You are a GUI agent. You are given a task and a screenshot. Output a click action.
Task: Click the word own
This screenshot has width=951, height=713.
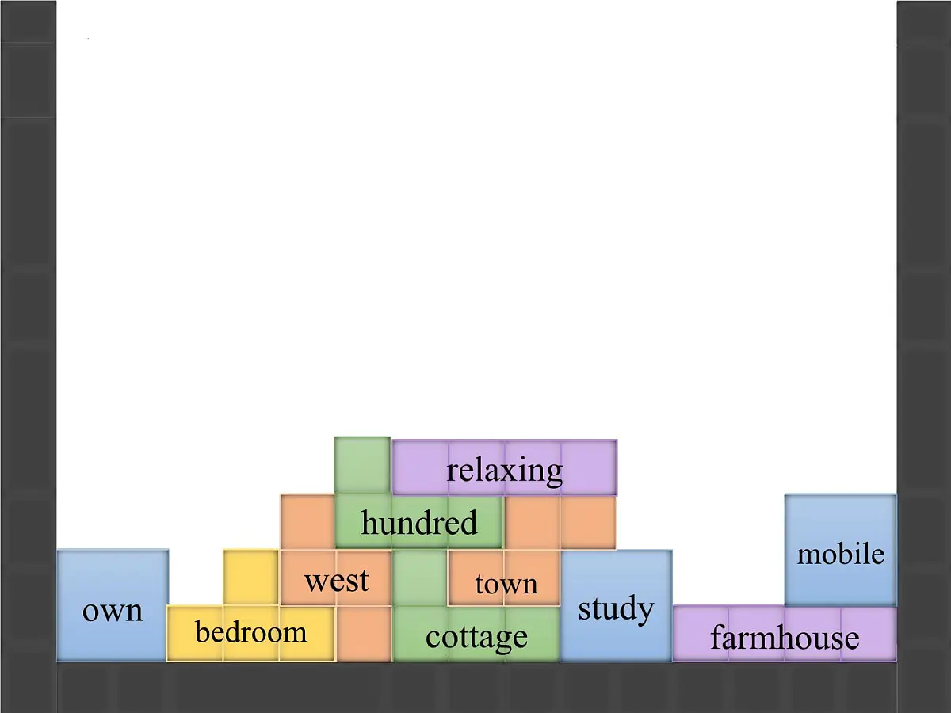point(113,612)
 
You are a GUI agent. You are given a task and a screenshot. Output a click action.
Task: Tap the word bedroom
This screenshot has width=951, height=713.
point(251,631)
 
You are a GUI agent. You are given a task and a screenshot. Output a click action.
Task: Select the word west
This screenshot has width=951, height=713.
point(337,581)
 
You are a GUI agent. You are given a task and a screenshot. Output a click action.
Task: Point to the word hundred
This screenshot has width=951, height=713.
point(419,522)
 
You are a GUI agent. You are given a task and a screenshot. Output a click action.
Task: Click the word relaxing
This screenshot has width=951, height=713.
point(504,471)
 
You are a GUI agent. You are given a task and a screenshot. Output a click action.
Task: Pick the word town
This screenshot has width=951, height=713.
point(506,584)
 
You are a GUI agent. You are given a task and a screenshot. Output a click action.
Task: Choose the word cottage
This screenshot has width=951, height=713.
point(476,638)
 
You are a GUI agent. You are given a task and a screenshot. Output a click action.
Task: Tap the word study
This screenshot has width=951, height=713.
point(616,609)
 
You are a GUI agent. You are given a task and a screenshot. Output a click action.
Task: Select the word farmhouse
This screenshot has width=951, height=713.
point(785,637)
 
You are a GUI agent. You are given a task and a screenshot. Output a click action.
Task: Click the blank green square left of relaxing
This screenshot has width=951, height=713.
point(363,465)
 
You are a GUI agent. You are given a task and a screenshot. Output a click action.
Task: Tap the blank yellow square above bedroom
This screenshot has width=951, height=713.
point(251,578)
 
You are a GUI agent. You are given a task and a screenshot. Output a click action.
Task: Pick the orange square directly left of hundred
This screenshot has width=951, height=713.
point(307,521)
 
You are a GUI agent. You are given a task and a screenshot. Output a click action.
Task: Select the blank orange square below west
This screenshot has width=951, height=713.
point(364,634)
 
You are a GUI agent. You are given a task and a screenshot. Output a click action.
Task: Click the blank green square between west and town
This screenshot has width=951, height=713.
point(420,578)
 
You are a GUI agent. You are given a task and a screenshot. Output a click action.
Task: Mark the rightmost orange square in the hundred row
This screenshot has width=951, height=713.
point(588,522)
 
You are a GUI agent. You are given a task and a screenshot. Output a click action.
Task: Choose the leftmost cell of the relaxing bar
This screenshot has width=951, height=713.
point(420,467)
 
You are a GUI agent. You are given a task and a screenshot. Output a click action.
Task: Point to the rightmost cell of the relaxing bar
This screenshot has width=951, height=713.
point(590,467)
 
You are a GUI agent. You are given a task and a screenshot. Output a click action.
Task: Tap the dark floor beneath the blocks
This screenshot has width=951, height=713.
point(476,688)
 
